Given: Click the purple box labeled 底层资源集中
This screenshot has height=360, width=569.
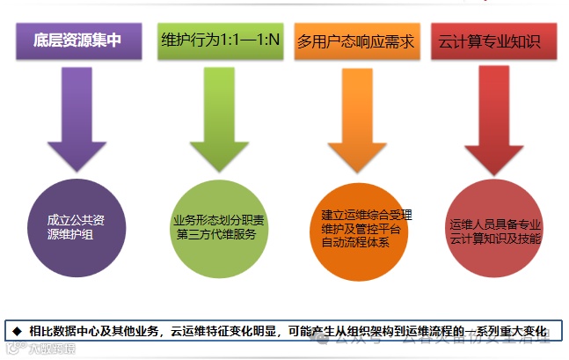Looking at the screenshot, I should pyautogui.click(x=77, y=41).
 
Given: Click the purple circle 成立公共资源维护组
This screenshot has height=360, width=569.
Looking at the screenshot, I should pyautogui.click(x=77, y=227).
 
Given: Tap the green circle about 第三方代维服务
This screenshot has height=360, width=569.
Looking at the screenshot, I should pyautogui.click(x=220, y=227).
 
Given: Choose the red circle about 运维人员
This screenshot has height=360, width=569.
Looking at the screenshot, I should pyautogui.click(x=495, y=227).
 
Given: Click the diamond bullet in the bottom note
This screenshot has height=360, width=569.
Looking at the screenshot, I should pyautogui.click(x=16, y=331).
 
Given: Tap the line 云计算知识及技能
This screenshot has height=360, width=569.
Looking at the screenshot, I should pyautogui.click(x=495, y=239).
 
